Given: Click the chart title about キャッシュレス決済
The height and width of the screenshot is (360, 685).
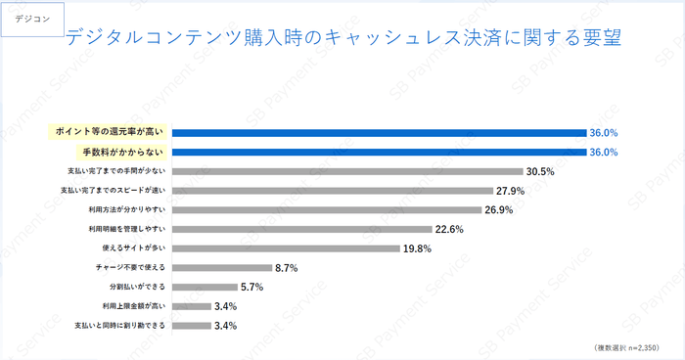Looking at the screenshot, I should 343,38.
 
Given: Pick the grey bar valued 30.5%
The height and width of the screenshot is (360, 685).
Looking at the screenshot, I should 347,171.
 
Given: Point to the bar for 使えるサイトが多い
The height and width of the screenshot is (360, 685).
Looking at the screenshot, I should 286,248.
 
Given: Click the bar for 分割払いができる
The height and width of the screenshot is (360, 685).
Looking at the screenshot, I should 205,287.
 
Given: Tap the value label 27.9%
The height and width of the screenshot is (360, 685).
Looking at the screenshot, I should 511,191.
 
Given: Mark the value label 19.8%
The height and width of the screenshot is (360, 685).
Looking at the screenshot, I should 418,248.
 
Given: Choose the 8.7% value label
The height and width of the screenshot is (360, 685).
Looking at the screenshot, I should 287,267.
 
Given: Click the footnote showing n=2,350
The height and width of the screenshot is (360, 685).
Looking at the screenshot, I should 625,348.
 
